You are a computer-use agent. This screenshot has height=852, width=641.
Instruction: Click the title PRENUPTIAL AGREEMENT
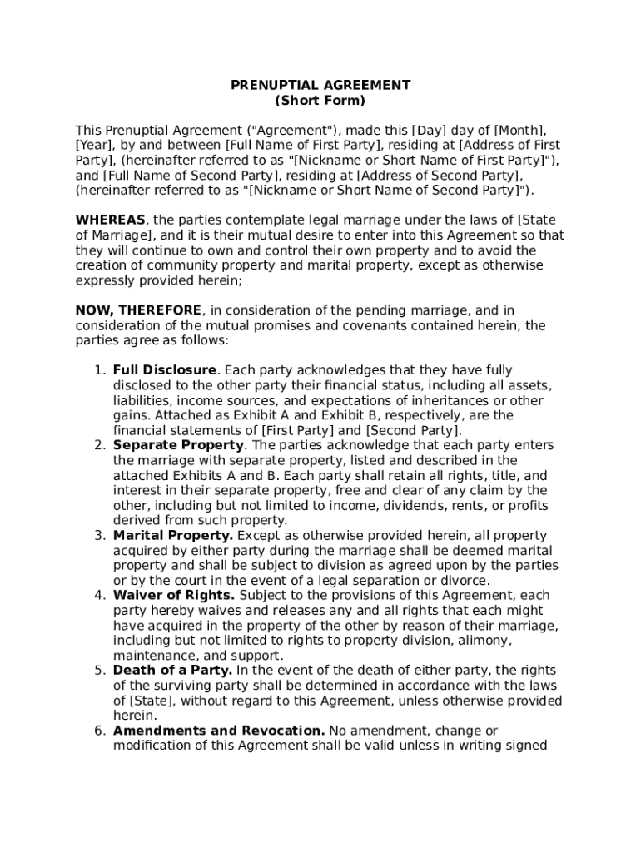click(x=320, y=85)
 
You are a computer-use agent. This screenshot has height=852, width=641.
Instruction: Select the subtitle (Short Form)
click(x=320, y=101)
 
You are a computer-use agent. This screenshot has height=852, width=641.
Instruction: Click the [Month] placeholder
click(x=520, y=131)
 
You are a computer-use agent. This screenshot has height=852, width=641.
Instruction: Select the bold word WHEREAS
click(x=111, y=220)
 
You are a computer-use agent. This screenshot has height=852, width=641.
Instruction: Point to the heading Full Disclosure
click(x=165, y=370)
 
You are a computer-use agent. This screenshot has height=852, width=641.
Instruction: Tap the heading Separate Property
click(x=178, y=445)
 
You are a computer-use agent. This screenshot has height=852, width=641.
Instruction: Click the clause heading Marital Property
click(x=173, y=535)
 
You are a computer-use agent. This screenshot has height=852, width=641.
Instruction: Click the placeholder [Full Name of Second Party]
click(x=192, y=176)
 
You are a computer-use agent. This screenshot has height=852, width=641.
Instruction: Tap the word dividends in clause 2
click(x=399, y=505)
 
